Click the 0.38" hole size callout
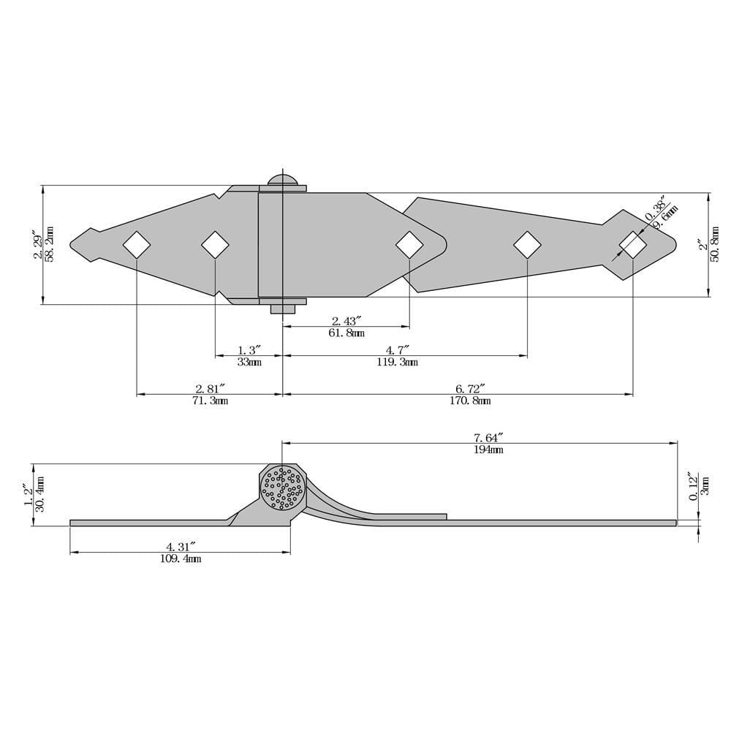tap(656, 208)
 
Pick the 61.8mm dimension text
tap(344, 333)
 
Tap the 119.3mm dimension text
tap(397, 362)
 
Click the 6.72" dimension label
tap(469, 387)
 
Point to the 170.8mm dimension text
tap(469, 400)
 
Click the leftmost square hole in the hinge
tap(137, 244)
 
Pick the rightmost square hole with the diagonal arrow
tap(632, 244)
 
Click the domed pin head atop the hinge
tap(283, 180)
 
